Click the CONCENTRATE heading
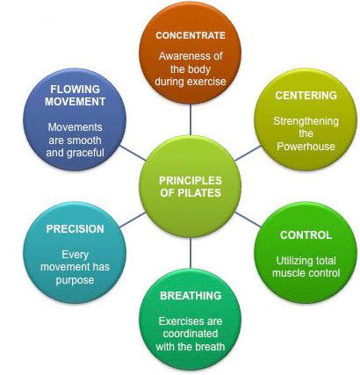pyautogui.click(x=191, y=35)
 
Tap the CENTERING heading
pyautogui.click(x=306, y=96)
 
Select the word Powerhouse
pyautogui.click(x=306, y=147)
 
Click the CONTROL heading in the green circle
pyautogui.click(x=306, y=235)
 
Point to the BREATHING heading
pyautogui.click(x=191, y=296)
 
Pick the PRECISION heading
pyautogui.click(x=75, y=229)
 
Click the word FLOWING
pyautogui.click(x=75, y=89)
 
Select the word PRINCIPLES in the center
pyautogui.click(x=191, y=180)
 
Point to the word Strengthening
pyautogui.click(x=306, y=121)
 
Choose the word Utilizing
pyautogui.click(x=294, y=261)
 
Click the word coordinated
pyautogui.click(x=191, y=334)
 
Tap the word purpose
pyautogui.click(x=75, y=280)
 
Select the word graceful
pyautogui.click(x=88, y=153)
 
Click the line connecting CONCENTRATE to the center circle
pyautogui.click(x=191, y=119)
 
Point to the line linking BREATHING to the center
pyautogui.click(x=191, y=253)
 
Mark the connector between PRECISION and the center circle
pyautogui.click(x=133, y=220)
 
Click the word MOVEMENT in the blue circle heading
pyautogui.click(x=75, y=102)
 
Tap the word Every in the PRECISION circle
pyautogui.click(x=75, y=255)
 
